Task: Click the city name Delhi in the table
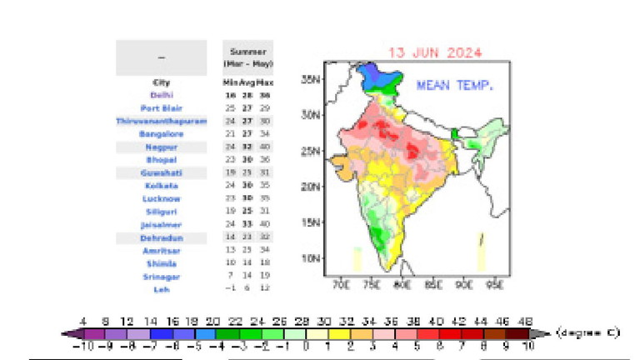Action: click(162, 95)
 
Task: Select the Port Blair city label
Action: click(162, 108)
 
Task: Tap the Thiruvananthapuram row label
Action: click(162, 121)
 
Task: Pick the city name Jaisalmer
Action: click(162, 225)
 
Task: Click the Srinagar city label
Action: click(162, 277)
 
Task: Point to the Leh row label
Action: click(162, 289)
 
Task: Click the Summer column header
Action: click(247, 52)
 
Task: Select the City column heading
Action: click(162, 82)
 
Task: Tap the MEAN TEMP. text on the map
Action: click(454, 85)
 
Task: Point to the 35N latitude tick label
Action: click(312, 81)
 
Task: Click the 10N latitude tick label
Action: click(312, 258)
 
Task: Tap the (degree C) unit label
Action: click(588, 332)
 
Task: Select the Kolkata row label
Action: click(162, 186)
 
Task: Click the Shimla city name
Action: click(162, 263)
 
